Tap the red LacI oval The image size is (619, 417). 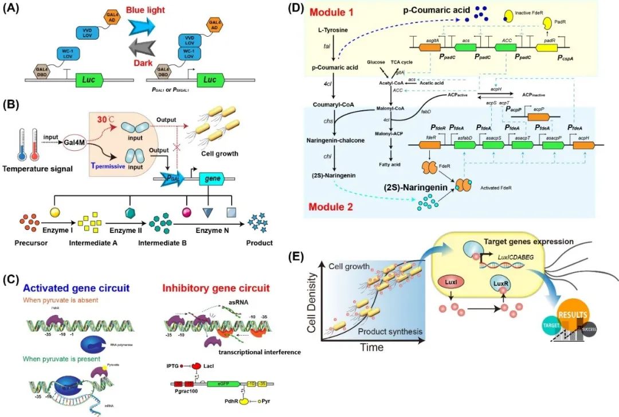197,365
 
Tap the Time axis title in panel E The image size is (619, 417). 373,348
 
